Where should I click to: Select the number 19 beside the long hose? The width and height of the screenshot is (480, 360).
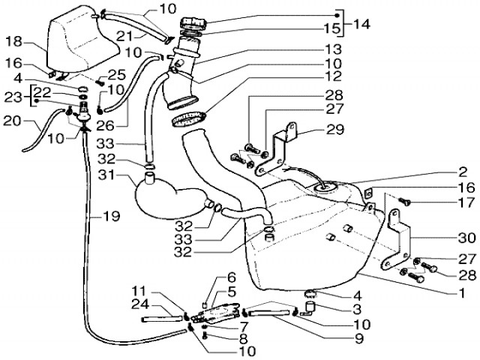click(111, 217)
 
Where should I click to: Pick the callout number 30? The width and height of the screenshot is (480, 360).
click(466, 238)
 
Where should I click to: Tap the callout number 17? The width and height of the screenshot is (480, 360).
click(466, 203)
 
